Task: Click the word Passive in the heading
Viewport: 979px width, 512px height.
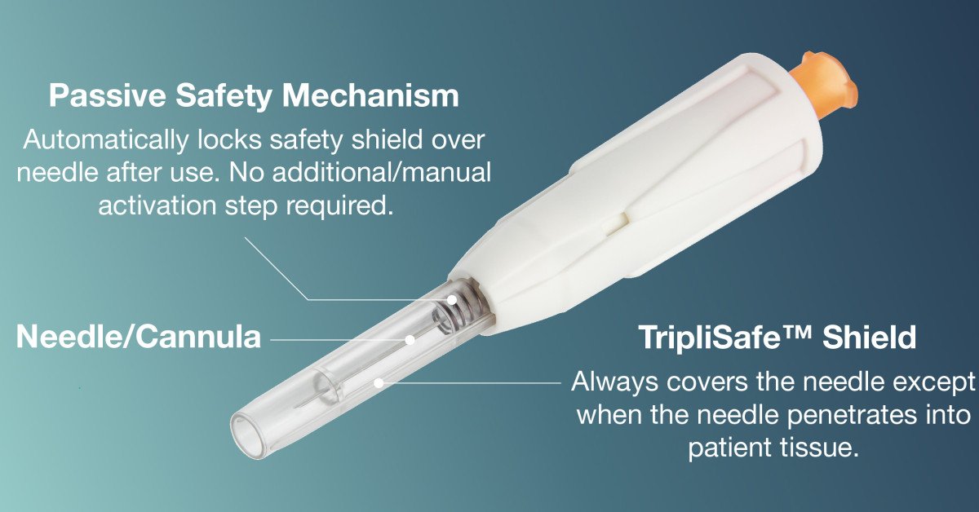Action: [x=107, y=95]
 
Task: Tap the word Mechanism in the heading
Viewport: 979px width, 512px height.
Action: [x=370, y=95]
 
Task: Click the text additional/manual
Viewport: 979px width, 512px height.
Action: [x=382, y=172]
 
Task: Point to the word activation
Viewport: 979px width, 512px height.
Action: [x=157, y=205]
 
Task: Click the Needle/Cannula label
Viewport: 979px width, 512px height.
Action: [x=139, y=337]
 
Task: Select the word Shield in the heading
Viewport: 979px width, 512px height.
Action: [x=870, y=338]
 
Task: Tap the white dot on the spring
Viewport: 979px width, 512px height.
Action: [x=451, y=300]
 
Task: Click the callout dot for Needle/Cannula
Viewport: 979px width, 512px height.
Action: [x=410, y=340]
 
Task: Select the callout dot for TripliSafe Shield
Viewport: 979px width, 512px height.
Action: [x=379, y=383]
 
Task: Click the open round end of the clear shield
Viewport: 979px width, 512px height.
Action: [x=250, y=435]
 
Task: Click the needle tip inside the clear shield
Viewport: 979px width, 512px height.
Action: [x=295, y=407]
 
